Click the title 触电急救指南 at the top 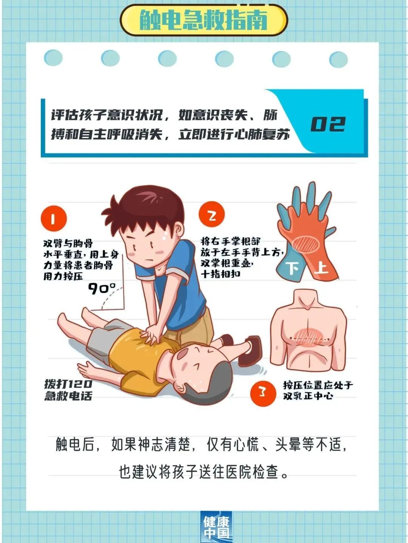(x=204, y=20)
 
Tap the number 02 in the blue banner (x=328, y=124)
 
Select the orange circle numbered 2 (x=212, y=215)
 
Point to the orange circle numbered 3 (x=263, y=393)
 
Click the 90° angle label (x=102, y=289)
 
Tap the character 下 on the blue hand (x=293, y=269)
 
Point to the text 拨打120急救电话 (x=68, y=390)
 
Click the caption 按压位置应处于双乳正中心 (x=318, y=390)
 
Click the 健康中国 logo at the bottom (x=216, y=527)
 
